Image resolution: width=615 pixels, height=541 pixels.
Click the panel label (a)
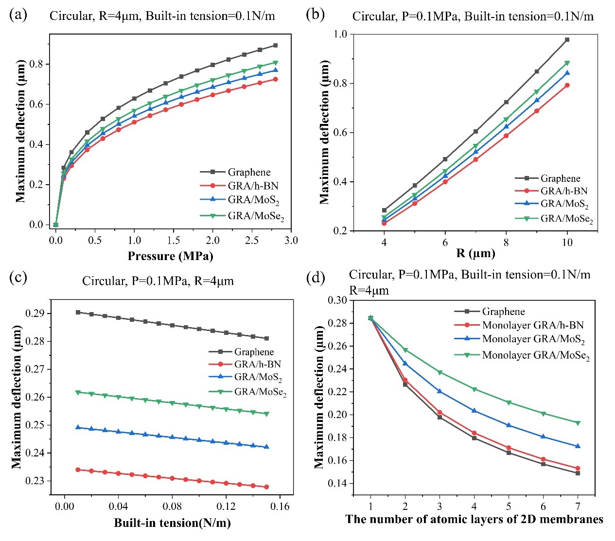[x=18, y=14]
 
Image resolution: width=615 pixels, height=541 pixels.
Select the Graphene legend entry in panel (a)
[x=249, y=172]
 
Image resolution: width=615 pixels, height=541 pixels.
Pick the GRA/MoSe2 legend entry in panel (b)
[x=566, y=219]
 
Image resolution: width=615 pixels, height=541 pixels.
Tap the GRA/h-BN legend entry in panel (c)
[x=257, y=364]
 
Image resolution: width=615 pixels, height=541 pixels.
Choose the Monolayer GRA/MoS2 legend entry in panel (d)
[x=533, y=339]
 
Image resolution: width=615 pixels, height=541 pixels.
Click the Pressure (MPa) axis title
[x=170, y=256]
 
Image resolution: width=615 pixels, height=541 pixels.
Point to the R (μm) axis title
[x=475, y=253]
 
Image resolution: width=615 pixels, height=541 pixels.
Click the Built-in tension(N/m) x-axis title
[x=172, y=523]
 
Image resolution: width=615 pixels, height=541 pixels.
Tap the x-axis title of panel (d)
[x=474, y=519]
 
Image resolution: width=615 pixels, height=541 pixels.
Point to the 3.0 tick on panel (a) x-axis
[x=291, y=240]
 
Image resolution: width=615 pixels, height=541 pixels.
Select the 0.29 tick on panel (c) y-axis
[x=35, y=314]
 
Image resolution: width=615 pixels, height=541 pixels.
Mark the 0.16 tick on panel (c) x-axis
[x=280, y=506]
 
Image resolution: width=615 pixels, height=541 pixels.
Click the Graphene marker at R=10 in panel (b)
[x=567, y=40]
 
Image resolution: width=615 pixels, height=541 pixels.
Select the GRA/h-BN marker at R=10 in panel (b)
[x=567, y=85]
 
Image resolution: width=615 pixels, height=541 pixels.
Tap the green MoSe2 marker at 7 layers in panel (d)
[x=578, y=423]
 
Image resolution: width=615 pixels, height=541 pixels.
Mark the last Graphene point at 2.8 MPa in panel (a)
[x=275, y=45]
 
